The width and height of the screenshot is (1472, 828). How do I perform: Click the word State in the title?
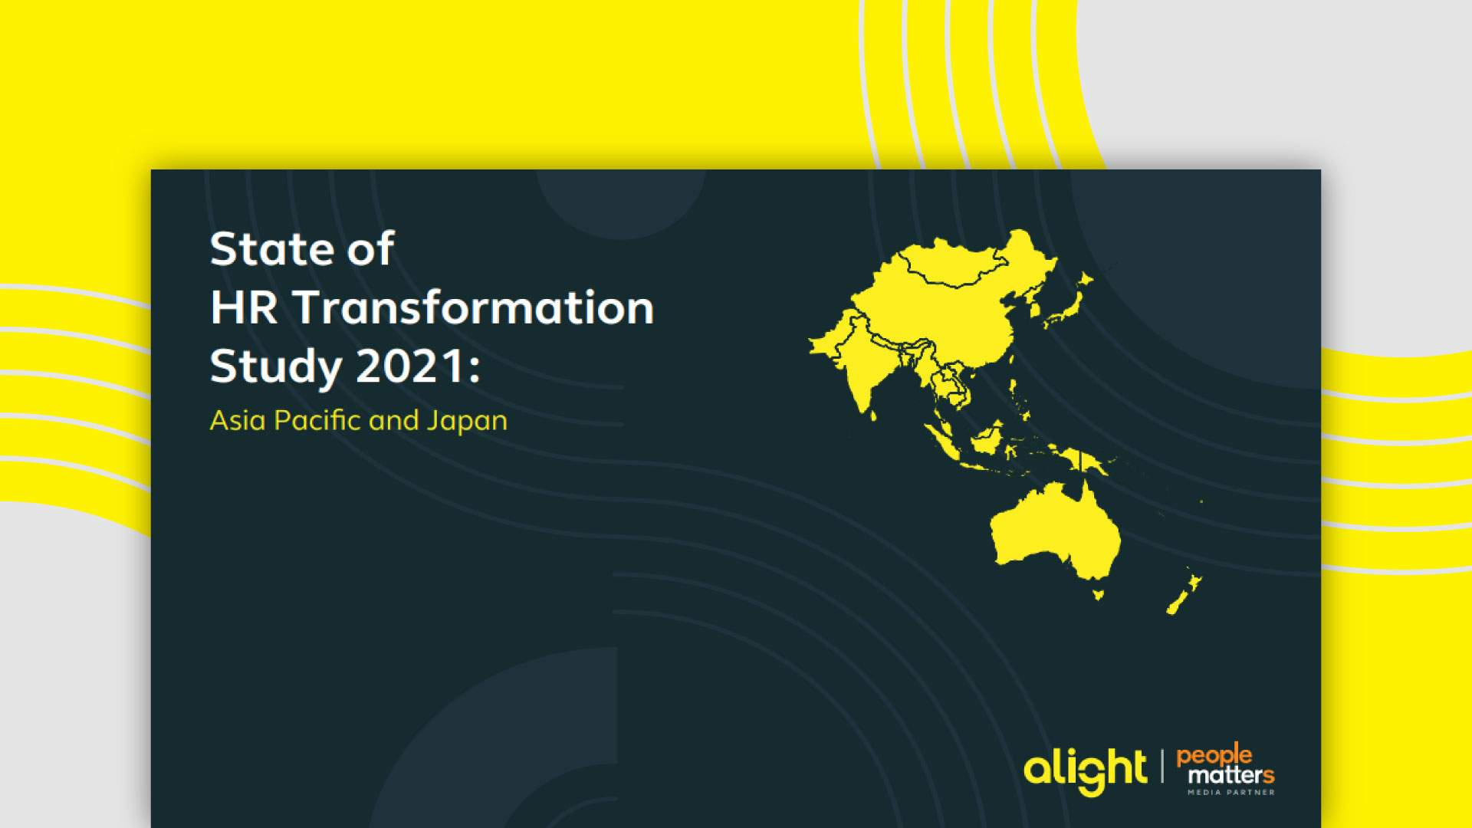[271, 248]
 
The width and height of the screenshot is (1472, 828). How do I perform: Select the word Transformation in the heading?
[474, 307]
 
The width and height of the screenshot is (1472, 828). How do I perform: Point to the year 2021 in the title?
[412, 366]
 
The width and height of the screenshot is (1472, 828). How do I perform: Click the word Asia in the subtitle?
[238, 420]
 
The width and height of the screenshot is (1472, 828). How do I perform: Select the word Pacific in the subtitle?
[317, 420]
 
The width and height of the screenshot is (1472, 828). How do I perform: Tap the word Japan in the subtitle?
[467, 422]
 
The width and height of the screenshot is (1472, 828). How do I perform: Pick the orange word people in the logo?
[1214, 756]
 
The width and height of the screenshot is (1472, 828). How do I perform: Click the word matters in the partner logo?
[1231, 775]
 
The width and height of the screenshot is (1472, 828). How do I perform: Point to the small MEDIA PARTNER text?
[1231, 792]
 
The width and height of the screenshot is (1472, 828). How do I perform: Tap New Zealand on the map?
[1184, 591]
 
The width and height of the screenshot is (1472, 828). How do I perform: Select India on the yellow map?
[866, 360]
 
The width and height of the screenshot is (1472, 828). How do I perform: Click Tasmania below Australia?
[1098, 594]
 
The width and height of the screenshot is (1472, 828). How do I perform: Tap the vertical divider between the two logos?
[1162, 767]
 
